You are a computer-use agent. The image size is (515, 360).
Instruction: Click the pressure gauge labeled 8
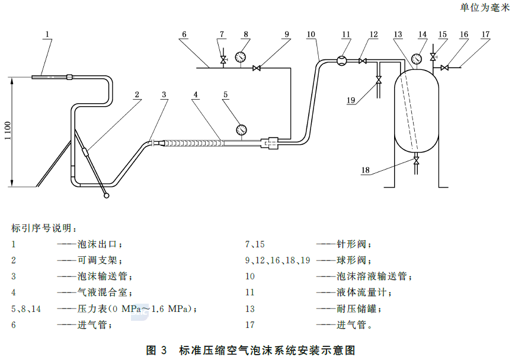tap(241, 57)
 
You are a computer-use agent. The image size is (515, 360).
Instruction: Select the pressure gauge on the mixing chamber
tap(241, 129)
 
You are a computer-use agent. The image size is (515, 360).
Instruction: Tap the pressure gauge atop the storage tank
tap(416, 59)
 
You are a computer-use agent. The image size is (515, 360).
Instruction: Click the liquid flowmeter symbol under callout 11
tap(342, 60)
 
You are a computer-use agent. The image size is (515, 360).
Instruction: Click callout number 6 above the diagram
tap(184, 34)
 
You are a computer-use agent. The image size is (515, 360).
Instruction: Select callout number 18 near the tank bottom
tap(365, 171)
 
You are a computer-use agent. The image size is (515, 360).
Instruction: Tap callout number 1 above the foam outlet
tap(47, 34)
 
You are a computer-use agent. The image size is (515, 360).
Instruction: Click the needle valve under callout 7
tap(223, 60)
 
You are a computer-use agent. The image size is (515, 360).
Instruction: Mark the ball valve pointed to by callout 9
tap(257, 68)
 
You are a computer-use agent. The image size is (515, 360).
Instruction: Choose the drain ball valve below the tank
tap(416, 161)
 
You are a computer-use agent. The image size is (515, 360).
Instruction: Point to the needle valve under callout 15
tap(434, 57)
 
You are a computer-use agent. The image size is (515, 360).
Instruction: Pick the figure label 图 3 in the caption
tap(158, 350)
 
